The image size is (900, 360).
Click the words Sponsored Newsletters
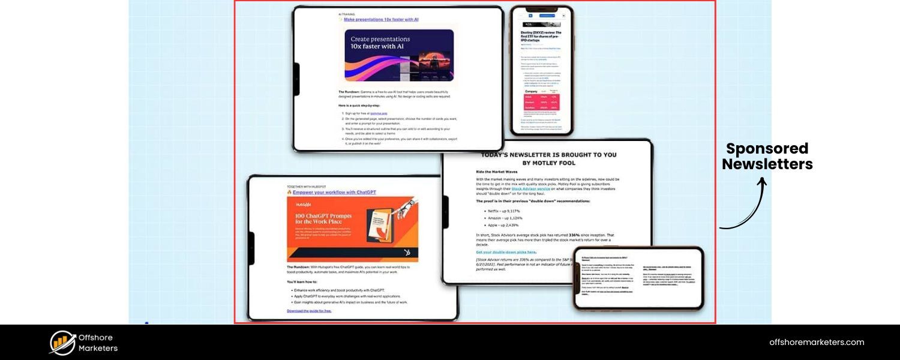pos(767,157)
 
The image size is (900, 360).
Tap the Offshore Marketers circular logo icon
pos(62,343)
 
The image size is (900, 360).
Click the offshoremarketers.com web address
pos(817,342)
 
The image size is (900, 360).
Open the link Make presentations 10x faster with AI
pos(381,19)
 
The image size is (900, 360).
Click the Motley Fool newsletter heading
pos(548,158)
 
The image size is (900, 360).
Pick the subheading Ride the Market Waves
pos(497,172)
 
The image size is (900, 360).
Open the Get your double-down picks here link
pos(506,252)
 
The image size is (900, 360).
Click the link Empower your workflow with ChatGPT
pos(334,193)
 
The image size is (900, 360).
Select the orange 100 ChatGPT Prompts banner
pos(353,230)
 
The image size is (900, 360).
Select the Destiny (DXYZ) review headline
pos(541,37)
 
